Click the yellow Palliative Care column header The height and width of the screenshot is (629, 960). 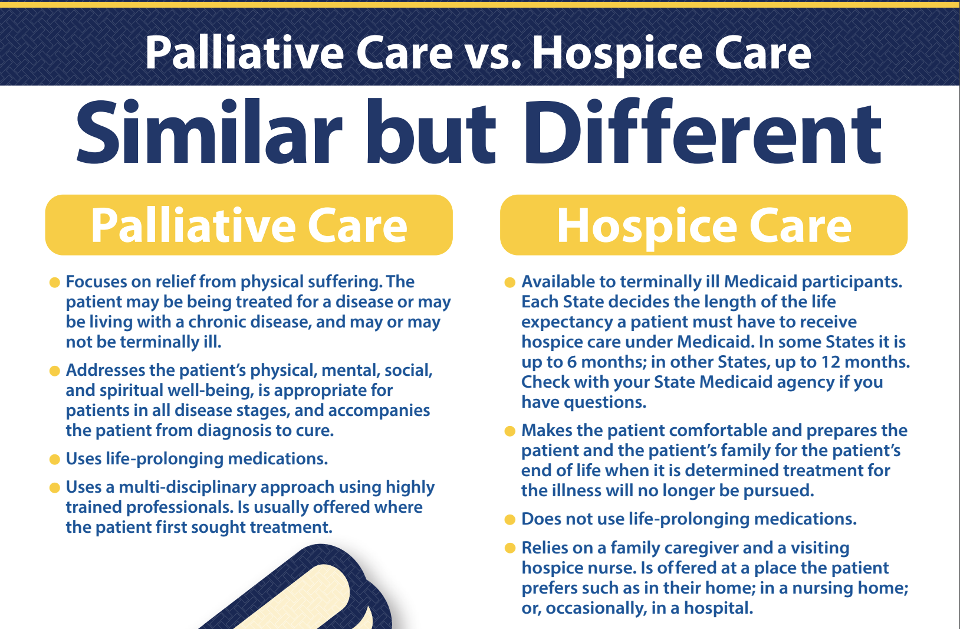point(249,225)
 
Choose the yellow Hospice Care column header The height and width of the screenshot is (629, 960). point(703,225)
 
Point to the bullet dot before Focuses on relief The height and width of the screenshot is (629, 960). point(54,283)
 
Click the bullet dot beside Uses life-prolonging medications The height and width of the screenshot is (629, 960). point(54,460)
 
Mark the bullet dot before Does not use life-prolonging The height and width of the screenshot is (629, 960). point(510,520)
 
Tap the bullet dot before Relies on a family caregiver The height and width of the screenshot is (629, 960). point(510,548)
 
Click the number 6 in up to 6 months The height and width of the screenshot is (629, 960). point(572,362)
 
